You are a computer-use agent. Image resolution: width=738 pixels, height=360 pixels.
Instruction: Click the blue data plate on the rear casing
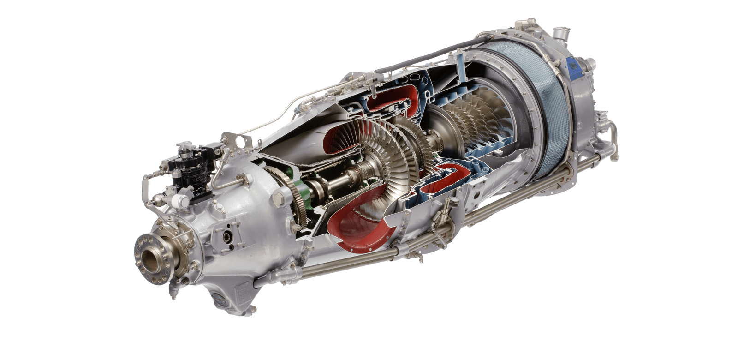point(574,68)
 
